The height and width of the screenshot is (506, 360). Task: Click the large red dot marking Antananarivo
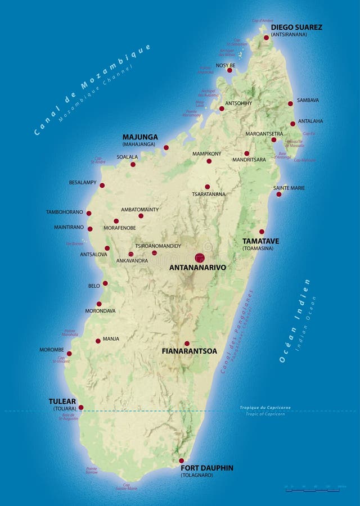[200, 257]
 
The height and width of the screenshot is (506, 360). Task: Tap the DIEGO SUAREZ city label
[296, 27]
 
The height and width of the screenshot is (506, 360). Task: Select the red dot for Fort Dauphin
[181, 460]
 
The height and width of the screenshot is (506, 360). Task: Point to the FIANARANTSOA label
[189, 351]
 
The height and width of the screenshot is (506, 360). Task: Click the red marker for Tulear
[81, 407]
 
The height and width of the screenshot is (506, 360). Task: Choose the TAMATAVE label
[260, 241]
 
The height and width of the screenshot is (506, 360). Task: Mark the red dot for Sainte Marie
[278, 195]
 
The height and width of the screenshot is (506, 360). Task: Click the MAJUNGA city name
[140, 137]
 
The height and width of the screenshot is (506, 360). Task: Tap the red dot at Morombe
[69, 354]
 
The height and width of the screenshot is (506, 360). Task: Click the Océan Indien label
[295, 320]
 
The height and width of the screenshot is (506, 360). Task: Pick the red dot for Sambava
[290, 103]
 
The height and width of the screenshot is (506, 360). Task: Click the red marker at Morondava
[99, 304]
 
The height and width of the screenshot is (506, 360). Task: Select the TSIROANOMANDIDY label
[158, 246]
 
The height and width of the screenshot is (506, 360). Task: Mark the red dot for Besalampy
[102, 185]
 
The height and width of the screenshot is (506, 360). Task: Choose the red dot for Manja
[98, 340]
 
